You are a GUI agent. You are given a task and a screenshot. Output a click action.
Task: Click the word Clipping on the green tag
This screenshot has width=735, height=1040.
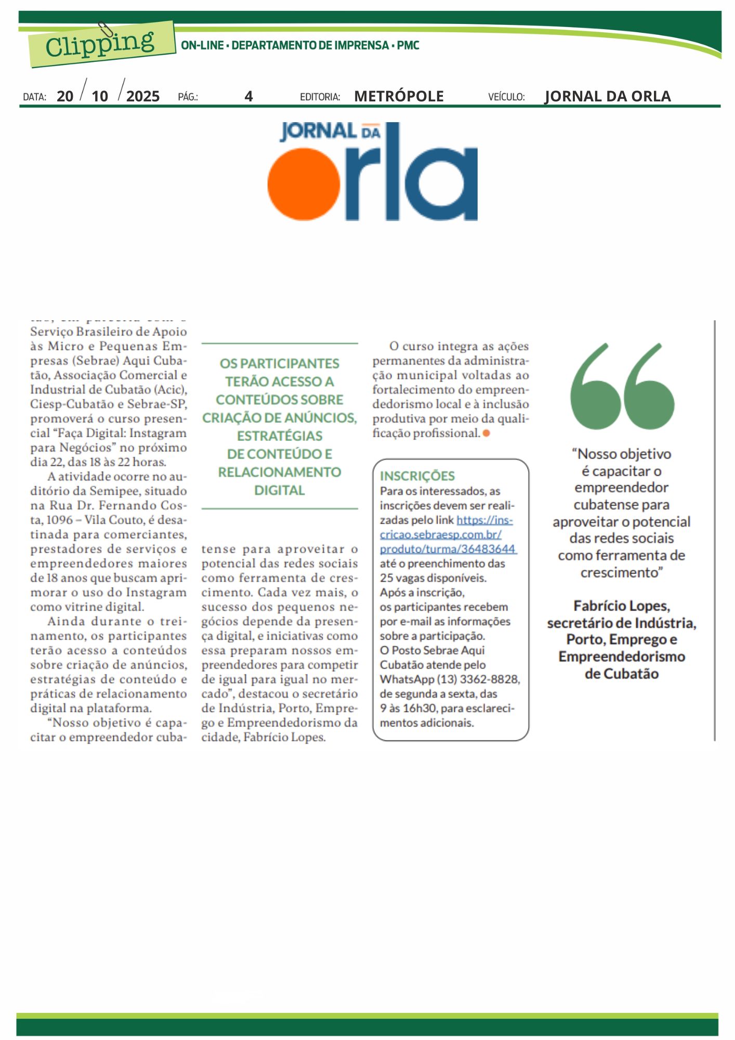pos(100,44)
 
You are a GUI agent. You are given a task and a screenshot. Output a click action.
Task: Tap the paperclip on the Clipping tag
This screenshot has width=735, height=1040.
pos(106,30)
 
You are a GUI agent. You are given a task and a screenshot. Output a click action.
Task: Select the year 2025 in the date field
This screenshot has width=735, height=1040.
pos(143,96)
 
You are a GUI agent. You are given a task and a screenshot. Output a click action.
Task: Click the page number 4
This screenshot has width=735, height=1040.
pos(248,96)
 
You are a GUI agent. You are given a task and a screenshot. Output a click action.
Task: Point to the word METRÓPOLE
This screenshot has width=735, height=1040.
pos(399,96)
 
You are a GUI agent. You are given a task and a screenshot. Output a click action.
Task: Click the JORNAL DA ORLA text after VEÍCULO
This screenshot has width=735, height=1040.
pos(607,96)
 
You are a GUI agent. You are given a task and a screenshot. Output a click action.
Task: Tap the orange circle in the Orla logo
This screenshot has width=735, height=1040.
pos(304,184)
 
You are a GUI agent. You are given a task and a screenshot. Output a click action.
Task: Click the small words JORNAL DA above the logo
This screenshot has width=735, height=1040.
pos(330,132)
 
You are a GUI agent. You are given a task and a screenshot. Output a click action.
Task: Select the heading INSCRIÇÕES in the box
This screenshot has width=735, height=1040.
pos(417,476)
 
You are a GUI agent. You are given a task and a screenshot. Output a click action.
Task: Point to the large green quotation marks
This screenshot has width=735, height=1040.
pos(622,386)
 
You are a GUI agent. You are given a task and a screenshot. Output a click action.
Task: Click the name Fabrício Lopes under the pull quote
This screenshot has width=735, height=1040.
pos(621,606)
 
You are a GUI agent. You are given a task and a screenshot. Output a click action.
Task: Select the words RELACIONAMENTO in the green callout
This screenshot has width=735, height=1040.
pos(280,472)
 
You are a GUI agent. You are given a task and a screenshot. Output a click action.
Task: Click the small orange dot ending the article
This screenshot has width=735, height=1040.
pos(486,433)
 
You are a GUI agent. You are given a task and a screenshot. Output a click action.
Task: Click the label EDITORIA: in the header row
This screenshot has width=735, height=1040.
pos(320,97)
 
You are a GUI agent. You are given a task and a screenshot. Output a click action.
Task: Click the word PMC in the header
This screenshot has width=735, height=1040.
pos(408,45)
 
